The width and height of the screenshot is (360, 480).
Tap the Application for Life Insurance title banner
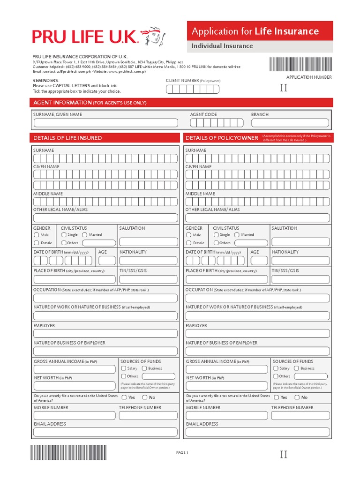tap(260, 31)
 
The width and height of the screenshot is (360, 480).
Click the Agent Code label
tap(203, 114)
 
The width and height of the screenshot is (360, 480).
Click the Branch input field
tap(290, 123)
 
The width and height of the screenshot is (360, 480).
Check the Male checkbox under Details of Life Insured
tap(37, 235)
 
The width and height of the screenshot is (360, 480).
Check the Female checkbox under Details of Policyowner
tap(189, 243)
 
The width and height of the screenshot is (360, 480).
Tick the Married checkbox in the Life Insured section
tap(85, 234)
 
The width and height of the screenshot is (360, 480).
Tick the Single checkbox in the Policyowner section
tap(216, 234)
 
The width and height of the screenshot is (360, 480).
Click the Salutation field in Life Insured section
tap(148, 241)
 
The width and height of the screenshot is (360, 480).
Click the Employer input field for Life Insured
tap(105, 333)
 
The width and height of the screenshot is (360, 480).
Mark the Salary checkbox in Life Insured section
tap(124, 368)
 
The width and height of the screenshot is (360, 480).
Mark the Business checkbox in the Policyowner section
tap(297, 368)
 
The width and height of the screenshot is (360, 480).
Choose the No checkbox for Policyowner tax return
tap(297, 397)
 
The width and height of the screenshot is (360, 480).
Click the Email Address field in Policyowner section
tap(257, 432)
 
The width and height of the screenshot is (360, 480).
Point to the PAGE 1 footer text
tap(182, 452)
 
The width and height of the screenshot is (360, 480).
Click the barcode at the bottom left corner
tap(68, 453)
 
